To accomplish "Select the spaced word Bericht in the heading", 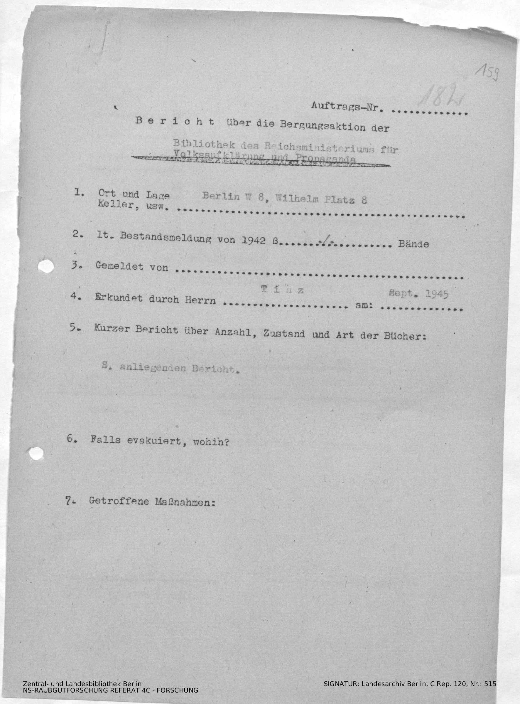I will pyautogui.click(x=175, y=121).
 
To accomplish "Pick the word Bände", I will pyautogui.click(x=413, y=244).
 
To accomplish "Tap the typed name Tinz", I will pyautogui.click(x=282, y=290).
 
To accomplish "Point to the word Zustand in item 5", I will pyautogui.click(x=283, y=333).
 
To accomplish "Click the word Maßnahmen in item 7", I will pyautogui.click(x=185, y=501).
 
